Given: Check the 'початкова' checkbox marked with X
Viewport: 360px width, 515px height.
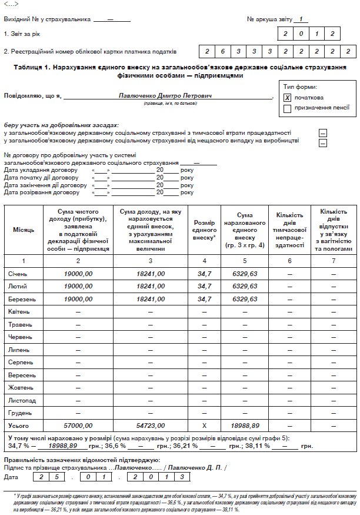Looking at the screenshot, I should coord(288,98).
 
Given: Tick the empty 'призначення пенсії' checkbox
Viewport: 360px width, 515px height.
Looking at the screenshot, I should coord(288,108).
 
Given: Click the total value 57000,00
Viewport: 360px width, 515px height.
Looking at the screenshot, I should coord(78,426).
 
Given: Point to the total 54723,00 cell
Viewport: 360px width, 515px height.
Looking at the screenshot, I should coord(150,426).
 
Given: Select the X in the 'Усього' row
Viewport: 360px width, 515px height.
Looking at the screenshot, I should coord(205,426).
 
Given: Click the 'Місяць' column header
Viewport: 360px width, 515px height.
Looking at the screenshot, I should coord(24,228).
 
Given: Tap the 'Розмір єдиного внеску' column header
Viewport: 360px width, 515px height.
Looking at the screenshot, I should coord(205,229).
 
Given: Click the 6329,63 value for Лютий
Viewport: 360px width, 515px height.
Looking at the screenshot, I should coord(245,286).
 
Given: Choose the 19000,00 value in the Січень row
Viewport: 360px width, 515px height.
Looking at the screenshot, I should coord(78,274).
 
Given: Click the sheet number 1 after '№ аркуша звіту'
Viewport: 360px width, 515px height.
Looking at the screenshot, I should coord(299,19).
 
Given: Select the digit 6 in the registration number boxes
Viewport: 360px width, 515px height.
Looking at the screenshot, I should coord(223,52).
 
